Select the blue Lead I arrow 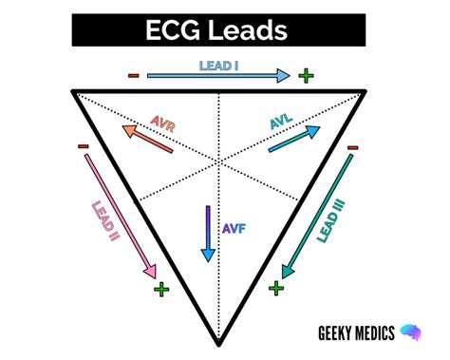click(x=217, y=75)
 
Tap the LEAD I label click(x=217, y=64)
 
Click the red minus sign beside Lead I click(x=134, y=76)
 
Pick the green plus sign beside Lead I click(x=305, y=76)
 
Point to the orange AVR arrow click(x=148, y=139)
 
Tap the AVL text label click(x=282, y=123)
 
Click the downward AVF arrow click(x=206, y=234)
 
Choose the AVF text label click(x=233, y=229)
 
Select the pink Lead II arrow click(x=120, y=213)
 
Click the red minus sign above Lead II click(x=84, y=147)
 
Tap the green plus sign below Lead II click(x=160, y=288)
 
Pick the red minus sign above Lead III click(x=353, y=147)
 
